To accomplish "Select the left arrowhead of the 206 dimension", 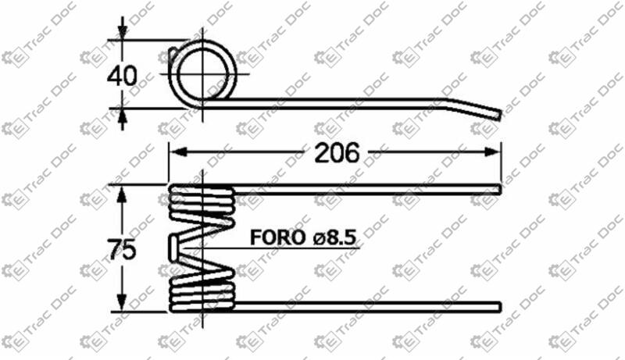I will point(176,153).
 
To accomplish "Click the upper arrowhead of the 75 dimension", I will point(121,192).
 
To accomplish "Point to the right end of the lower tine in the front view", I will point(498,304).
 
